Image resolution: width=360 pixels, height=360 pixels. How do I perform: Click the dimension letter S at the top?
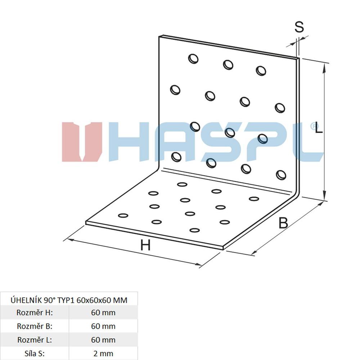point(299,27)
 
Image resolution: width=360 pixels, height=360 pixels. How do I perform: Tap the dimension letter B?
point(283,223)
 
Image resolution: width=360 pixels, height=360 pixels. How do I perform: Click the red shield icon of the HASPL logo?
point(82,142)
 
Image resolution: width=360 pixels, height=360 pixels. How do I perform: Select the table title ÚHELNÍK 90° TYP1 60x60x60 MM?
point(69,300)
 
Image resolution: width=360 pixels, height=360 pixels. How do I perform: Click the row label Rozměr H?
point(35,312)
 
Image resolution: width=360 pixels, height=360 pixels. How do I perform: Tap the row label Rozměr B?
point(35,326)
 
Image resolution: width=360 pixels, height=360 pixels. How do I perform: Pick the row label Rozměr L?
point(35,340)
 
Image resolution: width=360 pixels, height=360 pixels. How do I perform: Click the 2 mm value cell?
point(103,353)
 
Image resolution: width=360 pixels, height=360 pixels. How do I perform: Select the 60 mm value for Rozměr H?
point(103,312)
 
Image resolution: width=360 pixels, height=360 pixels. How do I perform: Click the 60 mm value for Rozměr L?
point(103,340)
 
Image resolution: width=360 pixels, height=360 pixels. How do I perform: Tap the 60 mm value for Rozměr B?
point(103,326)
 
